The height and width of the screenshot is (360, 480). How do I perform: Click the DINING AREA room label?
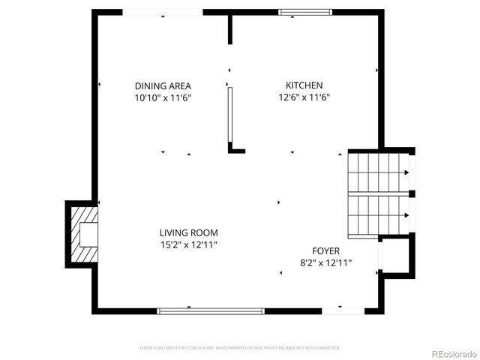tap(163, 85)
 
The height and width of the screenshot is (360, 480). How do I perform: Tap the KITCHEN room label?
tap(304, 85)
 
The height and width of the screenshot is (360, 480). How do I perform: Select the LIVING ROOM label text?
tap(188, 233)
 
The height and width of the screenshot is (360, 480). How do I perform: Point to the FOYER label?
tap(326, 250)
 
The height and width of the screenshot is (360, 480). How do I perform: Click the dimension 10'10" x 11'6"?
tap(163, 97)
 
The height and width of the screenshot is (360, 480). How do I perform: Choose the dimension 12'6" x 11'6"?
tap(304, 97)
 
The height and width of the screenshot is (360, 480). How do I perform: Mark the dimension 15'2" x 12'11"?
tap(188, 244)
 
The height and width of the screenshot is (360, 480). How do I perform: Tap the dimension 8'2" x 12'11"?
tap(326, 262)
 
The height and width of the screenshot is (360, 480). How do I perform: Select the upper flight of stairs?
tap(378, 172)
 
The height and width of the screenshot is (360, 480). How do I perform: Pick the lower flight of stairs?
tap(378, 215)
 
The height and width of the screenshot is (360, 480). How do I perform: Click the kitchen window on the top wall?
tap(304, 12)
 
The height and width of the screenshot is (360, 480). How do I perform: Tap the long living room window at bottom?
tap(211, 310)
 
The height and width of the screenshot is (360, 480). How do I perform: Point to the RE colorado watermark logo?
tap(453, 352)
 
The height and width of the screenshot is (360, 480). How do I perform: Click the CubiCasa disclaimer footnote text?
tap(240, 348)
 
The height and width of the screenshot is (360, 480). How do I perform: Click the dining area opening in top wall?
tap(162, 12)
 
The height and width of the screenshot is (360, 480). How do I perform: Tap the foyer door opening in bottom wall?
tap(343, 310)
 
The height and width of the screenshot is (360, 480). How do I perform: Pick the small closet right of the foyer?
tap(397, 256)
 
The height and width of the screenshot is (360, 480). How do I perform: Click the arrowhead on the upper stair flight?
tap(406, 172)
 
